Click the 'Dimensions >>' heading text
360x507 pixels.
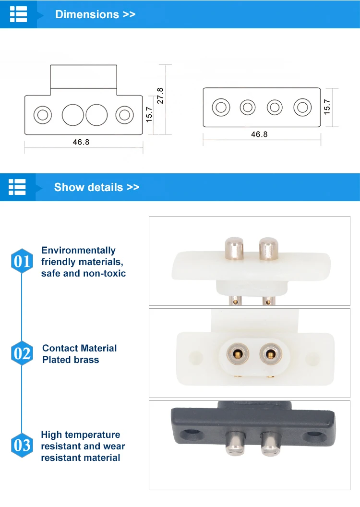[x=95, y=14]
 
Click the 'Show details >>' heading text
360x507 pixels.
[x=96, y=187]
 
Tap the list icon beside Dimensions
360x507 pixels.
[x=18, y=14]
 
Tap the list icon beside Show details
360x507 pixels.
[x=17, y=187]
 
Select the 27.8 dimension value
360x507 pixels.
[x=160, y=96]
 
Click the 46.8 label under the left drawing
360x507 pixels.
[x=81, y=142]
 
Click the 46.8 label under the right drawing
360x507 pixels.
[x=259, y=134]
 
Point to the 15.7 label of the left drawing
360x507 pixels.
[x=149, y=114]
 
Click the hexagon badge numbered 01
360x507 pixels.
[x=22, y=262]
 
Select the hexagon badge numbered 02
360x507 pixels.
[x=22, y=354]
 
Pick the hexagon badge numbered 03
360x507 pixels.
[x=22, y=446]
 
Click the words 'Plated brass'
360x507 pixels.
[x=71, y=360]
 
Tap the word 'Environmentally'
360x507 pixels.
[x=78, y=250]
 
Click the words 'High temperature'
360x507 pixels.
[x=80, y=435]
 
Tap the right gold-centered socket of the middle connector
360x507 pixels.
[x=269, y=355]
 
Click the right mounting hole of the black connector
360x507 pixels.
[x=314, y=436]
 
